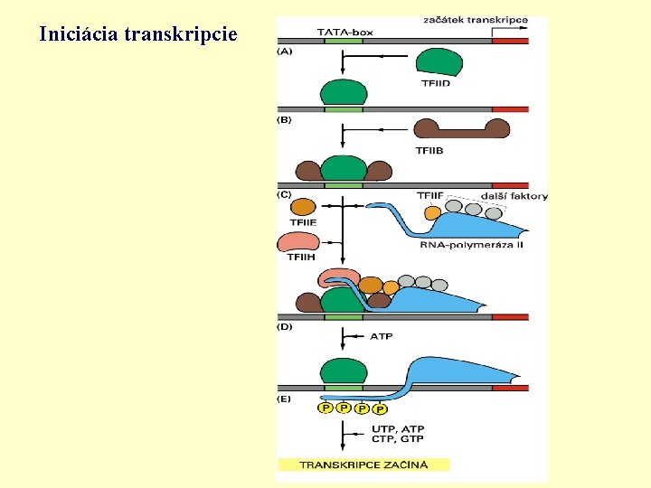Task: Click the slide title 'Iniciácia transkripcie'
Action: (x=138, y=35)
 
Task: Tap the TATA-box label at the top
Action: (x=344, y=32)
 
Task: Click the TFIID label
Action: (x=436, y=84)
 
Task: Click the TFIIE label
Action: (x=303, y=222)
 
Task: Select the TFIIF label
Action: (x=430, y=195)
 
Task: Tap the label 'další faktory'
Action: (x=514, y=195)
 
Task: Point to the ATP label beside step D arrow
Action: (x=382, y=337)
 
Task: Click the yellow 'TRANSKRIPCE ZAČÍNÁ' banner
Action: (x=363, y=465)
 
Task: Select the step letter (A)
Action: (x=285, y=52)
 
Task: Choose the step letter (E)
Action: (x=285, y=398)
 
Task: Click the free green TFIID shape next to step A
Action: (x=439, y=62)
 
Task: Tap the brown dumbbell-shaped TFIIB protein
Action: (x=460, y=128)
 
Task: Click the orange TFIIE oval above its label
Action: (x=303, y=207)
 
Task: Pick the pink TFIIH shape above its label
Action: (x=298, y=241)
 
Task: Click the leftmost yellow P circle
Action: (x=325, y=408)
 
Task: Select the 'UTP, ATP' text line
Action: (x=398, y=428)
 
